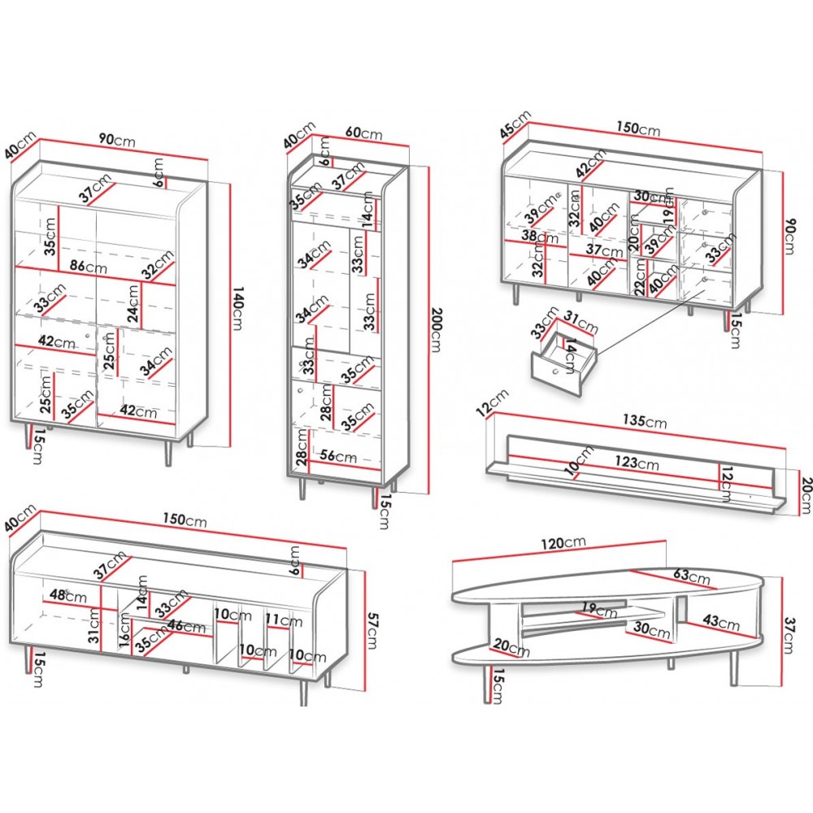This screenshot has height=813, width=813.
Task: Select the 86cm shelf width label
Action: click(89, 266)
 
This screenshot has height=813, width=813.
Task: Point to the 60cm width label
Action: click(363, 132)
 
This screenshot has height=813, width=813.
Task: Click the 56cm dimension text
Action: click(338, 455)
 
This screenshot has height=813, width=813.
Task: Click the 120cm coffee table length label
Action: click(563, 543)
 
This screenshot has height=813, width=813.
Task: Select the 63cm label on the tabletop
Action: click(691, 575)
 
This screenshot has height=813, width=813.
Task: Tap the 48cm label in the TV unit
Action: click(68, 595)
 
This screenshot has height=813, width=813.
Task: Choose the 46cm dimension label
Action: click(187, 626)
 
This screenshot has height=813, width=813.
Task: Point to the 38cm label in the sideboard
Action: click(540, 237)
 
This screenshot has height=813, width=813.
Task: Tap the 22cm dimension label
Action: click(641, 276)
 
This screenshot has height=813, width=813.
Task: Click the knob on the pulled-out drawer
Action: click(556, 372)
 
